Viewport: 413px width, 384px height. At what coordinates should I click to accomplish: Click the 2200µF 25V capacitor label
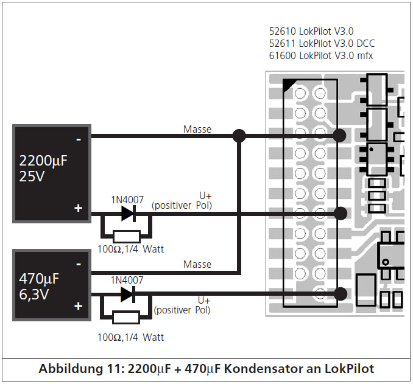pos(43,168)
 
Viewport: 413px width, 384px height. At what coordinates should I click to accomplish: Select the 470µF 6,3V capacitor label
pos(39,287)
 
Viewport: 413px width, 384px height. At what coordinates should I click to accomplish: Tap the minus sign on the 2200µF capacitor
pos(78,139)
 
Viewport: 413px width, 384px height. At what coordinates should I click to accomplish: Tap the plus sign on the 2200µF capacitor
pos(78,208)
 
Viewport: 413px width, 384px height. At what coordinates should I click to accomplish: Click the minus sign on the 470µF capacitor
pos(78,264)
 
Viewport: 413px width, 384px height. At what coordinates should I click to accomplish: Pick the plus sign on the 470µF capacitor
pos(78,306)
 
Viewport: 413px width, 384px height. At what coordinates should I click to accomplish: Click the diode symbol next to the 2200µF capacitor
pos(129,214)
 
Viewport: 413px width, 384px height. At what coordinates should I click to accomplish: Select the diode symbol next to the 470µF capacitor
pos(128,295)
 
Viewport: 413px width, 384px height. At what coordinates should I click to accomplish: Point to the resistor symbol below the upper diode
pos(127,236)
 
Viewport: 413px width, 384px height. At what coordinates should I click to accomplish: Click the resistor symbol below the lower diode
pos(126,317)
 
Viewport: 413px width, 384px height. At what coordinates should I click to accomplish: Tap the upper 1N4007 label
pos(127,200)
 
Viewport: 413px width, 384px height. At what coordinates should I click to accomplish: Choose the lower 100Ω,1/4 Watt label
pos(130,337)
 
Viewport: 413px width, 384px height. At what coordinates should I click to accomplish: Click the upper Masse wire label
pos(197,129)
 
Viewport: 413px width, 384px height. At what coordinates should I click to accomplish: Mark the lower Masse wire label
pos(197,264)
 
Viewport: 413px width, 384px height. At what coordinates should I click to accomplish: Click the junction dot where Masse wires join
pos(239,136)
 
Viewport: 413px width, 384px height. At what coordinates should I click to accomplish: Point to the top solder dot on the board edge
pos(339,136)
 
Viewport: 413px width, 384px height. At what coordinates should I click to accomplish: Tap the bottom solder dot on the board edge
pos(341,294)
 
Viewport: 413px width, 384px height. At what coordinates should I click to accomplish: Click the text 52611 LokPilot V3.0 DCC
pos(322,43)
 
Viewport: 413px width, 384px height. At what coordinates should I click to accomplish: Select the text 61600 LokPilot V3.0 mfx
pos(321,56)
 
